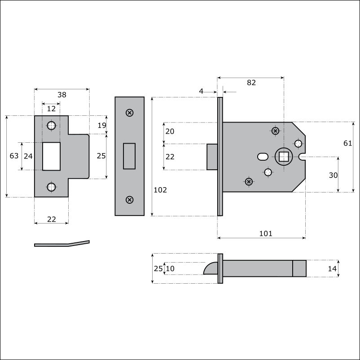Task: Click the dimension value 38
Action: (62, 95)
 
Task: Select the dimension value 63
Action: (14, 156)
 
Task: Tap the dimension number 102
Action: (160, 190)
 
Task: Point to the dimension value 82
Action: (251, 83)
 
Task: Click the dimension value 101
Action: (266, 233)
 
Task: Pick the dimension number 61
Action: (347, 143)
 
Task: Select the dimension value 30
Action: (333, 176)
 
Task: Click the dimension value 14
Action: (332, 268)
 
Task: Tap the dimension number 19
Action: (102, 125)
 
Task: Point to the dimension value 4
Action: (201, 92)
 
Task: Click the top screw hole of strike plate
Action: (52, 126)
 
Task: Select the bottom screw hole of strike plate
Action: (52, 187)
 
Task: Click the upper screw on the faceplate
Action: (130, 113)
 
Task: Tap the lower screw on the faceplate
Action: (130, 200)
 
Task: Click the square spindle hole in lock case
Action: (284, 157)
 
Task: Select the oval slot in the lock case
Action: (263, 157)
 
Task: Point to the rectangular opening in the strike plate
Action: (52, 156)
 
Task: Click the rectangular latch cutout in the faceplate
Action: (129, 156)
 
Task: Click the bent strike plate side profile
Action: (62, 244)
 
